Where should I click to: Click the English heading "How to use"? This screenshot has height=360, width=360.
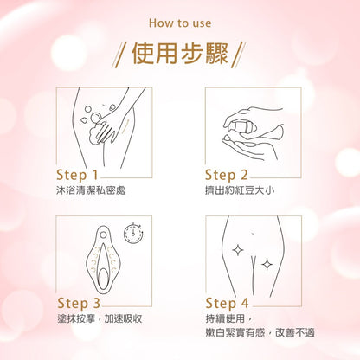180,23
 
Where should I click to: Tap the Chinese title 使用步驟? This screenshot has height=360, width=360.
180,54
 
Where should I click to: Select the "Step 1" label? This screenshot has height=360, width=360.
77,175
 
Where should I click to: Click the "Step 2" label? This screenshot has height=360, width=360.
227,175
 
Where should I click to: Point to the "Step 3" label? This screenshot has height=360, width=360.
79,303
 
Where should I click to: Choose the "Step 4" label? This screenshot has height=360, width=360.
227,303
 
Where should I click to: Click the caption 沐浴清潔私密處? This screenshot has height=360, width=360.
91,190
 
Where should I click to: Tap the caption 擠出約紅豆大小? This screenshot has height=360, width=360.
240,190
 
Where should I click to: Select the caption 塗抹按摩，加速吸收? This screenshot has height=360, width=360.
100,318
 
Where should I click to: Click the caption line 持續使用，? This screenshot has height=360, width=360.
229,318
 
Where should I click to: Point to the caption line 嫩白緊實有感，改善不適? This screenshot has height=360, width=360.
260,332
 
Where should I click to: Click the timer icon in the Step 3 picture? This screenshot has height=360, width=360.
133,233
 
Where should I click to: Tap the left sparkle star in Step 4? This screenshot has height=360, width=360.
238,250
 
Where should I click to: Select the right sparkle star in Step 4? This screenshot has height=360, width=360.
267,264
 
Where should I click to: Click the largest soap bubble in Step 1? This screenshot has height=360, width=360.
95,118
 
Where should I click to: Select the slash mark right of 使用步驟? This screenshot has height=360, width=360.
238,55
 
